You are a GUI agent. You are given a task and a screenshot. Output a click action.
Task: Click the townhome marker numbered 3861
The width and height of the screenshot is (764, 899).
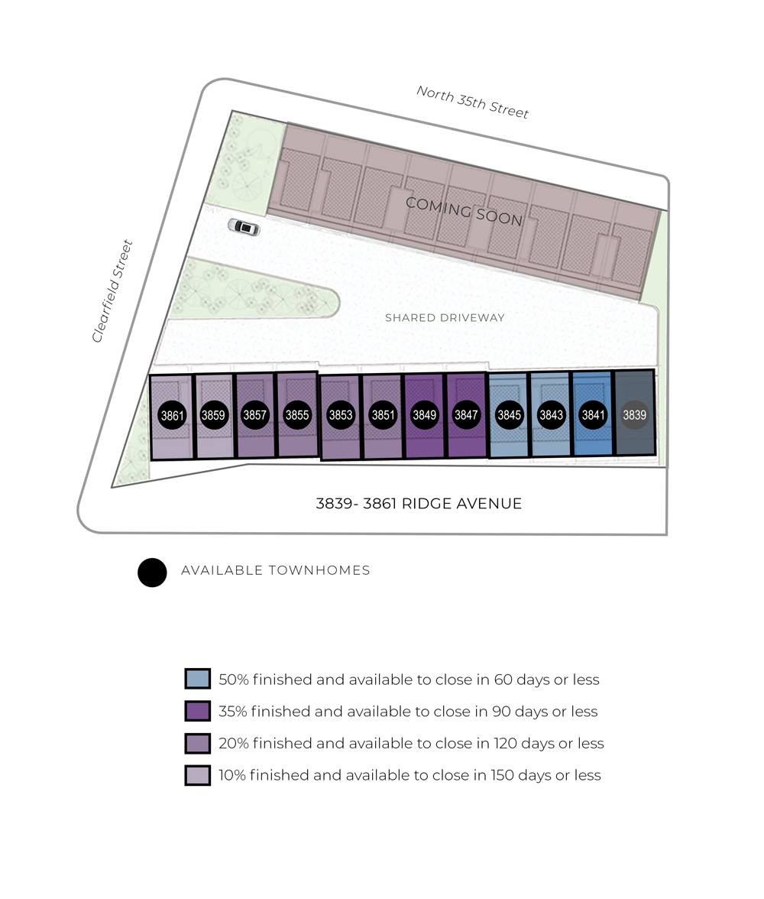pyautogui.click(x=173, y=416)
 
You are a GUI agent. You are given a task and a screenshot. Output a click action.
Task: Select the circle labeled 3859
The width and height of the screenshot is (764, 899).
pyautogui.click(x=213, y=416)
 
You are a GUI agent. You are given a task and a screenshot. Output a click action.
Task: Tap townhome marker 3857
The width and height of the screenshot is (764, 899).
pyautogui.click(x=254, y=416)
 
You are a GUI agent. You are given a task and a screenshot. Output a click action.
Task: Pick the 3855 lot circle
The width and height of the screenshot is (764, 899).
pyautogui.click(x=297, y=416)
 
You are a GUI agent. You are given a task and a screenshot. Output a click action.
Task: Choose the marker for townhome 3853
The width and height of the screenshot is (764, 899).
pyautogui.click(x=341, y=416)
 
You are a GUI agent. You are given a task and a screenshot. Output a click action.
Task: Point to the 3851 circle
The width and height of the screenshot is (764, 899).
pyautogui.click(x=383, y=416)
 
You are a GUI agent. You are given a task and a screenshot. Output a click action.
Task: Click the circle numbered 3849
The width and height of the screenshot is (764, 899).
pyautogui.click(x=424, y=416)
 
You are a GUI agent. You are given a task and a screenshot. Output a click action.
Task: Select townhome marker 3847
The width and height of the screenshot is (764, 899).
pyautogui.click(x=466, y=416)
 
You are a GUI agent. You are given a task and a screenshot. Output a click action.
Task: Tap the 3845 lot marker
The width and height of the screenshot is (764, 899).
pyautogui.click(x=509, y=416)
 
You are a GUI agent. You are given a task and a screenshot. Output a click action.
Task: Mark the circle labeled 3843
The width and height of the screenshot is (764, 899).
pyautogui.click(x=551, y=416)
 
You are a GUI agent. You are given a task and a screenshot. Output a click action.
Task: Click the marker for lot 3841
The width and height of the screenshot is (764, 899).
pyautogui.click(x=594, y=416)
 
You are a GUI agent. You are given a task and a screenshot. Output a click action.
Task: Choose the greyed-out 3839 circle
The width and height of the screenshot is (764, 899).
pyautogui.click(x=634, y=416)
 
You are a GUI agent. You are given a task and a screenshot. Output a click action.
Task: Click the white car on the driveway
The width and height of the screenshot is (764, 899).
pyautogui.click(x=244, y=227)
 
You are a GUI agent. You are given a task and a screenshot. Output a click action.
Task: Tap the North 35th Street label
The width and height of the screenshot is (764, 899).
pyautogui.click(x=472, y=102)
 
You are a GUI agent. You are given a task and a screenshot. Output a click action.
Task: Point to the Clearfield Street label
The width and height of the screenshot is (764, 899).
pyautogui.click(x=112, y=291)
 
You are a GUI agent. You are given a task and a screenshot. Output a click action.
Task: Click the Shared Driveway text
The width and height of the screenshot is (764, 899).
pyautogui.click(x=445, y=318)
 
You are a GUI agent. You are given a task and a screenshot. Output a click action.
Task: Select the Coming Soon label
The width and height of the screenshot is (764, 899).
pyautogui.click(x=464, y=211)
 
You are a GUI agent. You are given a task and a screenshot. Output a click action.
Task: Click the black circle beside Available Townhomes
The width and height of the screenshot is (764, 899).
pyautogui.click(x=152, y=573)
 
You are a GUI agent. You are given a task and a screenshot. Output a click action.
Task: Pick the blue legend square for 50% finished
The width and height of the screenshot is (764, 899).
pyautogui.click(x=197, y=679)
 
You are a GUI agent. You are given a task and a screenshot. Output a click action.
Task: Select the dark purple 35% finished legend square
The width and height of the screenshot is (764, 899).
pyautogui.click(x=197, y=711)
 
